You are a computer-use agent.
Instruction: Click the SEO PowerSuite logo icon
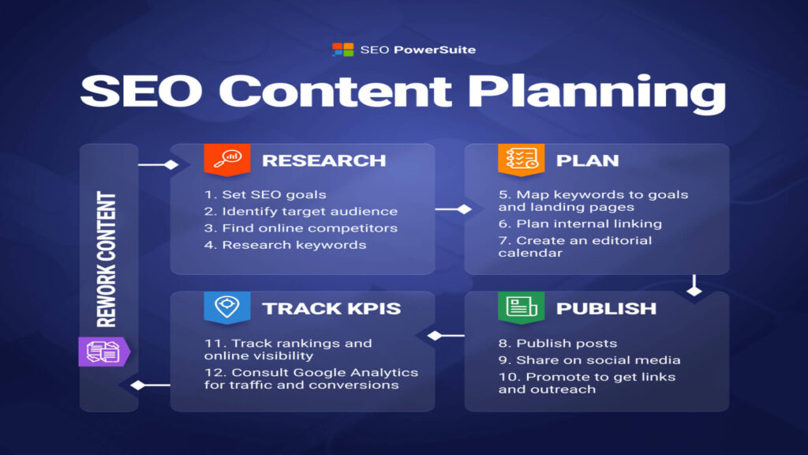(x=343, y=50)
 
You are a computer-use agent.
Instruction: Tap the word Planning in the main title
(x=594, y=92)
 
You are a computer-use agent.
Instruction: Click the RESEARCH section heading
(x=324, y=160)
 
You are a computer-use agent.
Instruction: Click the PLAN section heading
(x=587, y=160)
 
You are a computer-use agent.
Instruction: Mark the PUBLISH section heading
(x=606, y=308)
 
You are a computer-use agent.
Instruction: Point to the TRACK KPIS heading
(x=331, y=308)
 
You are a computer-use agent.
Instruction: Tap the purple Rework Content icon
(x=103, y=352)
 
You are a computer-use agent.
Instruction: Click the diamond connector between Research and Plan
(x=464, y=209)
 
